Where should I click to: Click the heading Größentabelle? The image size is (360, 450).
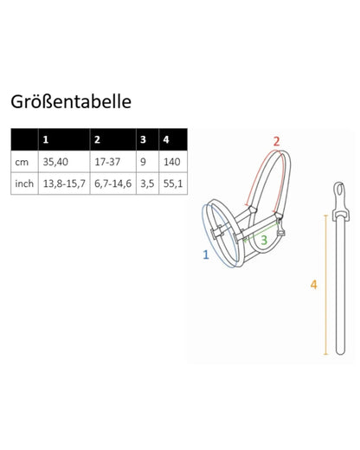click(x=71, y=101)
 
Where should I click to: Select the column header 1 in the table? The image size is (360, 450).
click(x=47, y=139)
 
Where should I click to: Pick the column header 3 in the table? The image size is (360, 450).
click(x=142, y=139)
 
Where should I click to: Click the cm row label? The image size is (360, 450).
click(x=22, y=161)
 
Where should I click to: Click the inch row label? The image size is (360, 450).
click(x=24, y=183)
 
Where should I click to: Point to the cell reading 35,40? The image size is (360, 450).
click(x=54, y=161)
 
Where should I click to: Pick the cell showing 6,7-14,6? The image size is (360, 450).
click(x=112, y=183)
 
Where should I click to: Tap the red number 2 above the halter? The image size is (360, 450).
click(x=276, y=141)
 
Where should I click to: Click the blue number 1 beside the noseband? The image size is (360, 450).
click(x=204, y=254)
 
